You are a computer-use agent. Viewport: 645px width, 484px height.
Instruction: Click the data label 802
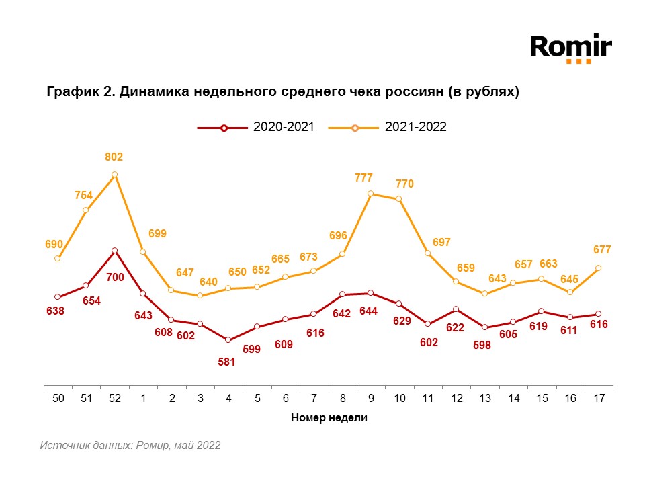click(x=114, y=157)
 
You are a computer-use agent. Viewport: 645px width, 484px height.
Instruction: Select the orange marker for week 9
click(x=371, y=194)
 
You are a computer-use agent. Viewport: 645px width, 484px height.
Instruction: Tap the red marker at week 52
click(x=115, y=251)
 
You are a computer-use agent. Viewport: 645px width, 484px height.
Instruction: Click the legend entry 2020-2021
click(x=255, y=127)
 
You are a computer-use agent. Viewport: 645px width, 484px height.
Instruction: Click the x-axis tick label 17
click(x=599, y=398)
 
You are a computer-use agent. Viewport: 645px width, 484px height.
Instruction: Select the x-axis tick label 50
click(x=58, y=398)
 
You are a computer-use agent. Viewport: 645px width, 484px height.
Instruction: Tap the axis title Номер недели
click(x=329, y=417)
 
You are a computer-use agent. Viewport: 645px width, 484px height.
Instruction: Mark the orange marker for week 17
click(x=599, y=268)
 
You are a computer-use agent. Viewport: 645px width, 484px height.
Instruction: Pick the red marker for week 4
click(x=228, y=340)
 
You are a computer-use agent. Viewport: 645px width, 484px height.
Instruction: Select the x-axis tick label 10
click(x=400, y=398)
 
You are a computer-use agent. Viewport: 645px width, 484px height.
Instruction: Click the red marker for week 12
click(x=456, y=309)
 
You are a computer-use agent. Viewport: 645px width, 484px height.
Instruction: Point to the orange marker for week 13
click(x=484, y=294)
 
